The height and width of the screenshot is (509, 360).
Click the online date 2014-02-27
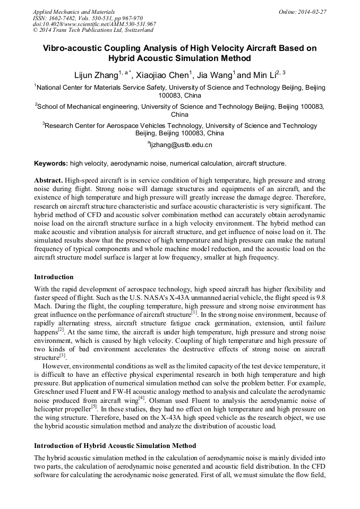[x=313, y=12]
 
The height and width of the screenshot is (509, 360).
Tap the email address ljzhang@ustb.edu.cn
[x=180, y=144]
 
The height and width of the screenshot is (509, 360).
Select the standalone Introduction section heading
[x=54, y=277]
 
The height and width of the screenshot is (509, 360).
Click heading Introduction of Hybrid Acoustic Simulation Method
[x=115, y=445]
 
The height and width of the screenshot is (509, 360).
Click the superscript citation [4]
[x=142, y=395]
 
